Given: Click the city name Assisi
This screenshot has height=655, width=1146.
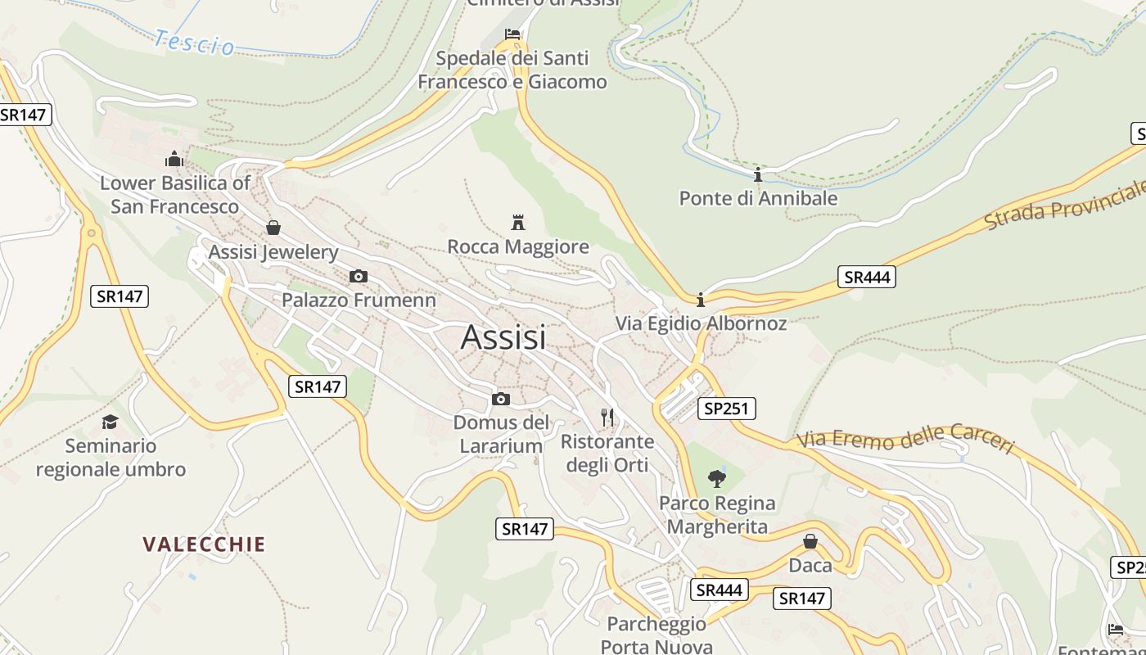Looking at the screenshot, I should coord(503,337).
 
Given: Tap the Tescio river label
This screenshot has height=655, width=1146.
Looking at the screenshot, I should coord(194,42).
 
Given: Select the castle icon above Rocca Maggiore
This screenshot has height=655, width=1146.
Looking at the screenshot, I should coord(517,221).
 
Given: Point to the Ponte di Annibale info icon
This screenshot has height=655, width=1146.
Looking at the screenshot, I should coord(758,174).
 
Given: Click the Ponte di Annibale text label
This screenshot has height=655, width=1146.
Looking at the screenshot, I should coord(758,198).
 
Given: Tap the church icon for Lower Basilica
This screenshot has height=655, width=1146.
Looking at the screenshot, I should coord(174,158).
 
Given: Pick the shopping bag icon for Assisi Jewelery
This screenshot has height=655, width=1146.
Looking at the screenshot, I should coord(273,227).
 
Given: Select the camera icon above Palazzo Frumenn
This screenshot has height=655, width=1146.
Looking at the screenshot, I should coord(358,276).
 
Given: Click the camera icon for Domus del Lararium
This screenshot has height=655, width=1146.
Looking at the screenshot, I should coord(501,399).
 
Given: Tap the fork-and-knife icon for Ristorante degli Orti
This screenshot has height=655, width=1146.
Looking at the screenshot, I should coord(607,418).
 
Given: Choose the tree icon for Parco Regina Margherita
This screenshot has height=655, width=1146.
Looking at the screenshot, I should coord(717,478).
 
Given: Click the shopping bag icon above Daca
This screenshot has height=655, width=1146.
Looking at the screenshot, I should coord(810,541).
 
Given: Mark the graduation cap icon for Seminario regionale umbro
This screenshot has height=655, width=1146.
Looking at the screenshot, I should coord(110,422).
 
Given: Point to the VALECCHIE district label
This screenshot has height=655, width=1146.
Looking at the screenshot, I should coord(204,544).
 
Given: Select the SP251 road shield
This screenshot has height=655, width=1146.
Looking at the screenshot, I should coord(727,408).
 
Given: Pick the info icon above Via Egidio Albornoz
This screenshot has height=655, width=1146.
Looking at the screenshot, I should coord(700,300).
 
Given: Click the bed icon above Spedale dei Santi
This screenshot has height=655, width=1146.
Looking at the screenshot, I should coord(512,34).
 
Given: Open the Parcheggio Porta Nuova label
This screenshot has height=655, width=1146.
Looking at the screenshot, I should coord(656,635).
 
